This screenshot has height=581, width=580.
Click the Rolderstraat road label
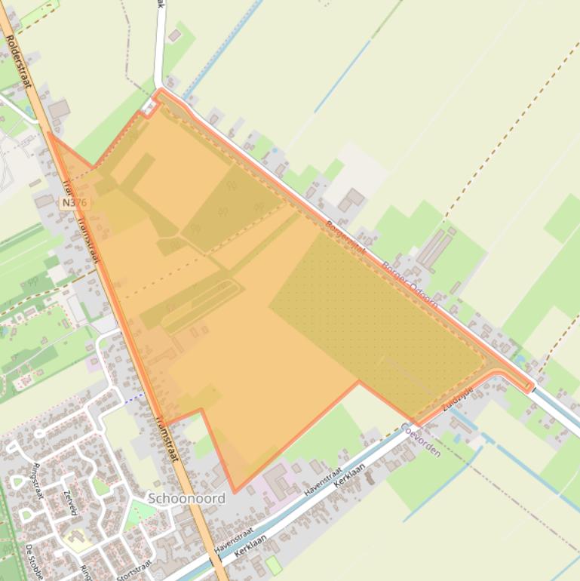[x=17, y=60]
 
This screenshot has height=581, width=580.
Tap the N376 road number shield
[x=74, y=203]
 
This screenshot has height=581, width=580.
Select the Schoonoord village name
[x=186, y=498]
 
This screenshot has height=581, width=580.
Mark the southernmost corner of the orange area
[x=234, y=492]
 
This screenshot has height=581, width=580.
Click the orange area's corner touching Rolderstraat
[x=50, y=134]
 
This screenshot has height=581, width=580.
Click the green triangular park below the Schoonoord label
[x=140, y=514]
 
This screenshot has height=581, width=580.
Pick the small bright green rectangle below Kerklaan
[x=273, y=564]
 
